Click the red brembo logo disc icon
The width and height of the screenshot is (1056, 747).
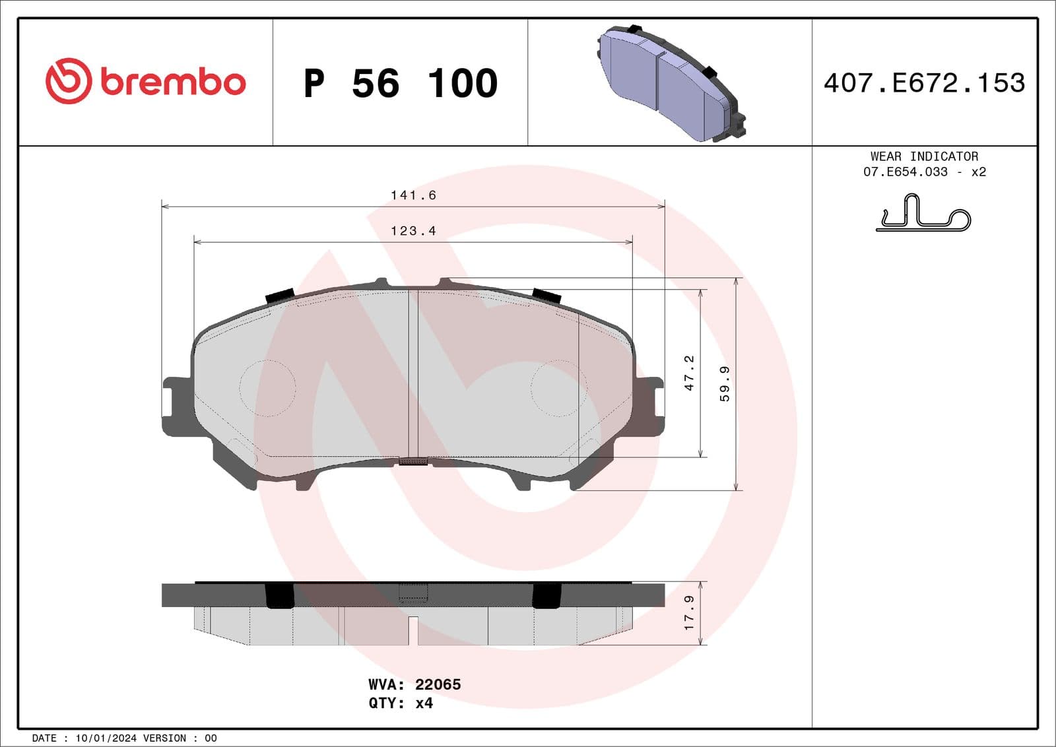[68, 81]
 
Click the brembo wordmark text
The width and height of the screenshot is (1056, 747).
[173, 82]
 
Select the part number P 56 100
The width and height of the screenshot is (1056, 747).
[400, 84]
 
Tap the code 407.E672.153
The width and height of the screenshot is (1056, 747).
[924, 82]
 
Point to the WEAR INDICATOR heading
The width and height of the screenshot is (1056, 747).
[924, 156]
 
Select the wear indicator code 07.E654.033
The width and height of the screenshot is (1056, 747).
[905, 172]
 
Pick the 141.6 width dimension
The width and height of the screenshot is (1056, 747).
[413, 195]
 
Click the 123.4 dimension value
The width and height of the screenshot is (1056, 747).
[413, 231]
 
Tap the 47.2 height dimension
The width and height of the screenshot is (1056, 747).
[689, 373]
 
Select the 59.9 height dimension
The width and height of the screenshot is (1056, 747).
[725, 384]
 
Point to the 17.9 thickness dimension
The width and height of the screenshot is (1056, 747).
[689, 612]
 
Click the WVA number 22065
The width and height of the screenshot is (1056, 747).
[438, 684]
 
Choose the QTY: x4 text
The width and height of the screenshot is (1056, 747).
[401, 703]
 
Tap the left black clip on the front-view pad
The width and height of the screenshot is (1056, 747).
[280, 296]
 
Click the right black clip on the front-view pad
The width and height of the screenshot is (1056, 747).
[546, 296]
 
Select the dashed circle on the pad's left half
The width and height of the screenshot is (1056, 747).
[267, 388]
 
